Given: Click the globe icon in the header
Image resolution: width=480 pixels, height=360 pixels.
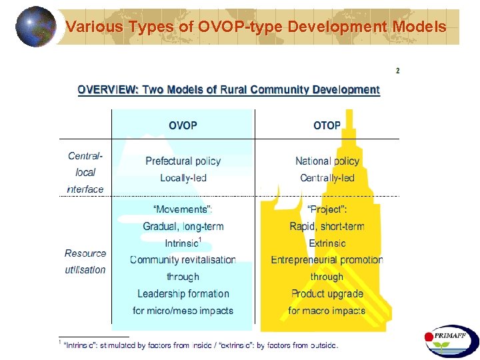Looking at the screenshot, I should point(36,26).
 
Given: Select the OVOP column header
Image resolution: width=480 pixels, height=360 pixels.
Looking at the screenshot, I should point(183,125).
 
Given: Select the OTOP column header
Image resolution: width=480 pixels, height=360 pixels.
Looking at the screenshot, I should point(327,125).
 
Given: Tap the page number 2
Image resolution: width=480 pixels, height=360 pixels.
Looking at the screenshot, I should point(398,71).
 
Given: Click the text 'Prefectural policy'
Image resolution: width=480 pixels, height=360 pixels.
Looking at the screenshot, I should point(183,161).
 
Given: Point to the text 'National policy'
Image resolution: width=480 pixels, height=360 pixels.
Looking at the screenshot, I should point(327,161).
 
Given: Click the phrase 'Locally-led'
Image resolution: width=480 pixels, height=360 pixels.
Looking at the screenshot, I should point(183,178).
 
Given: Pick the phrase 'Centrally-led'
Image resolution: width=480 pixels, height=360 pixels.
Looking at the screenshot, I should point(327,178).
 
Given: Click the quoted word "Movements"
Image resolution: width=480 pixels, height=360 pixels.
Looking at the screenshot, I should point(183,210).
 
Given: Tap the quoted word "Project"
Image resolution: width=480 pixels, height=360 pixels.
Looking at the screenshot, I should point(327,210).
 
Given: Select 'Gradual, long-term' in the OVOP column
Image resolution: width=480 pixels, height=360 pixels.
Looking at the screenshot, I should point(183,227).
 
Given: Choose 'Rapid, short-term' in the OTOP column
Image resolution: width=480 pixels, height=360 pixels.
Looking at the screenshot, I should point(327,227).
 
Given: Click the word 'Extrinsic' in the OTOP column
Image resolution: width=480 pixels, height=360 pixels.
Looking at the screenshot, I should point(327,243).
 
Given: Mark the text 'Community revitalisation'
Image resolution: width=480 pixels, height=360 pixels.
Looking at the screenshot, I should point(183,260).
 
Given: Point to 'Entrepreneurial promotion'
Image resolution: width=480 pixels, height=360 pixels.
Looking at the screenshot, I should point(327,260).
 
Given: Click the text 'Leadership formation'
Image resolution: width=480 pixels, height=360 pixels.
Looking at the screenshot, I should point(183,293).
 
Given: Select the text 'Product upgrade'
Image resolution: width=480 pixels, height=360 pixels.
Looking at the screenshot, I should point(327,293).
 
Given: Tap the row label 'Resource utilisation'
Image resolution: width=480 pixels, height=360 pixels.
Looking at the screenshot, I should point(85,261).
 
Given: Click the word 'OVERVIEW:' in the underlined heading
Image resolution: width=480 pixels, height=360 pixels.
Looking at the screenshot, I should point(107,89).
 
